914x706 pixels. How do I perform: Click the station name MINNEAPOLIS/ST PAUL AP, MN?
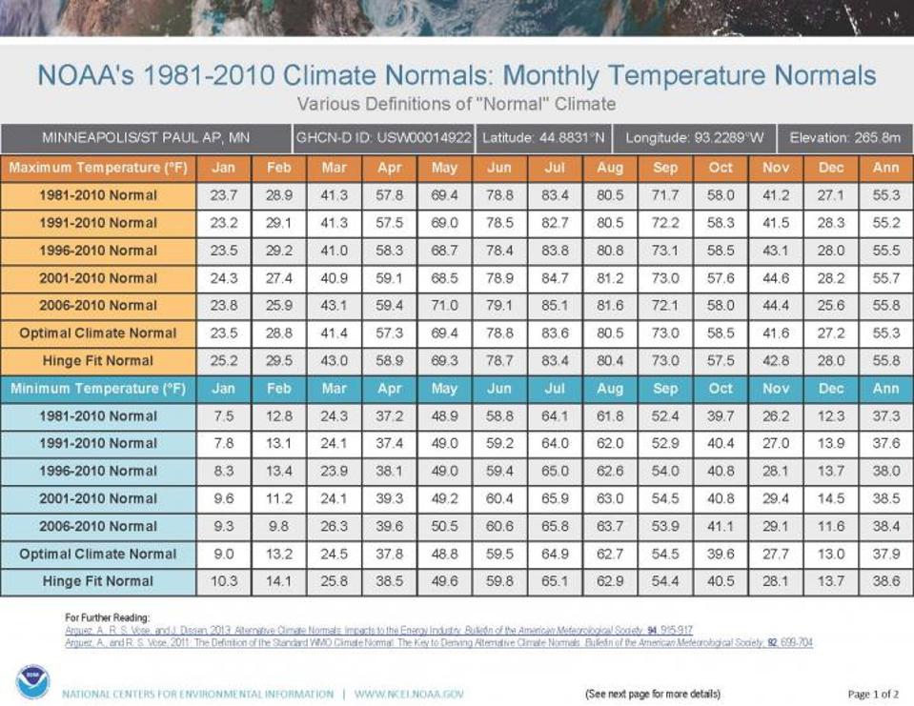[x=146, y=138]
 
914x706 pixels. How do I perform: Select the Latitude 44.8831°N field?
[x=543, y=138]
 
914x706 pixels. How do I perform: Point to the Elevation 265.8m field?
[x=844, y=138]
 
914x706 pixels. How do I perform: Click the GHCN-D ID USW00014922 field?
[x=383, y=138]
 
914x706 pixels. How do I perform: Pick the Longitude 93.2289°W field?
[x=694, y=138]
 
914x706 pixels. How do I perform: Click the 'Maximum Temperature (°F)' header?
[x=98, y=168]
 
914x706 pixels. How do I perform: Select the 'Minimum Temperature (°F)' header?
[x=98, y=389]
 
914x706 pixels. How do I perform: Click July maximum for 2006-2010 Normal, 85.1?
[x=555, y=306]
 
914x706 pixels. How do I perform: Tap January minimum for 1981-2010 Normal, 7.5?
[x=223, y=416]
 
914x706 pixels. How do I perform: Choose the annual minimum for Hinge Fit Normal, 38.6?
[x=885, y=581]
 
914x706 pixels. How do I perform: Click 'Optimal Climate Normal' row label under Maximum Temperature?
[x=98, y=333]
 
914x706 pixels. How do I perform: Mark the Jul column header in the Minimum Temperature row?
[x=555, y=389]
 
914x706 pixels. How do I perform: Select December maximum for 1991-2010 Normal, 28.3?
[x=831, y=223]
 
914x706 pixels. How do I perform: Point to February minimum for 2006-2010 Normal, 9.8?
[x=278, y=526]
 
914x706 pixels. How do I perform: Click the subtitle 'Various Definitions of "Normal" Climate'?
[x=457, y=103]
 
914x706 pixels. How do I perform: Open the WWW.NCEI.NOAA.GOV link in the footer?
[x=409, y=695]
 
